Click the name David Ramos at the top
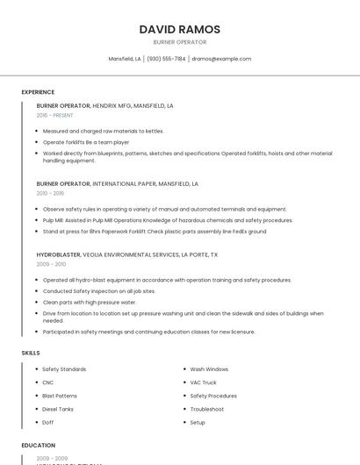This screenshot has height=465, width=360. [179, 30]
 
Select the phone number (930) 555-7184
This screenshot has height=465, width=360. [166, 59]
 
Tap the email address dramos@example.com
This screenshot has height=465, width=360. [221, 59]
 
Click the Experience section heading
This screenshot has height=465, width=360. [38, 92]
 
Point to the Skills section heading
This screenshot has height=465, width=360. [31, 353]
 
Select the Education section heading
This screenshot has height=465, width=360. [39, 446]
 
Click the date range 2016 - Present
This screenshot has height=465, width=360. [55, 115]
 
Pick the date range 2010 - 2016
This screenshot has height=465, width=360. [50, 193]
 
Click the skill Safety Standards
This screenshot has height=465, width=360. [64, 369]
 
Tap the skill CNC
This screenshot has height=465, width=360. [48, 383]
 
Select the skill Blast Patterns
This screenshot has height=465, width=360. [60, 396]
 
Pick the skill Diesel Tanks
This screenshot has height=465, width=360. [58, 409]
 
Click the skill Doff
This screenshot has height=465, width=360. [48, 422]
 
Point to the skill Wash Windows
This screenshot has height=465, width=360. [209, 369]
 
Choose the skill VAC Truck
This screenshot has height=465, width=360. [204, 383]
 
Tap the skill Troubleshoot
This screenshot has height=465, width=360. [207, 409]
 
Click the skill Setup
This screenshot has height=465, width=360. [198, 422]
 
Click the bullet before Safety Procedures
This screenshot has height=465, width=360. [183, 396]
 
